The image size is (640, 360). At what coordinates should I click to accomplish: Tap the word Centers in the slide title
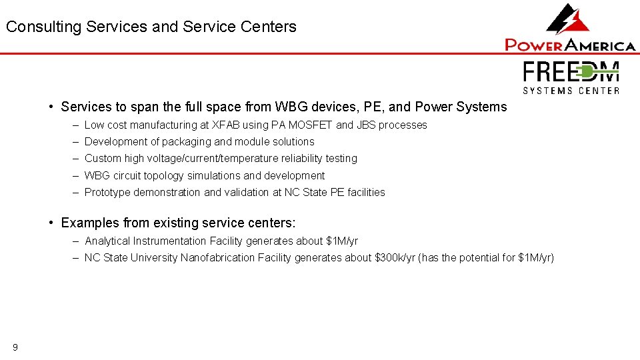coord(269,27)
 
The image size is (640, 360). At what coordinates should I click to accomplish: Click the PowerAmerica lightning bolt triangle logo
coord(568,19)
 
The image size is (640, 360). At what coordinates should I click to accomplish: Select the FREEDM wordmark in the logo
coord(571,72)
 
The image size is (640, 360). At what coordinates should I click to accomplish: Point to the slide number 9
coord(15,347)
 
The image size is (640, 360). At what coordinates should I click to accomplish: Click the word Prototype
coord(107,192)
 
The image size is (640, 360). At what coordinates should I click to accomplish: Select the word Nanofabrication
coord(217,257)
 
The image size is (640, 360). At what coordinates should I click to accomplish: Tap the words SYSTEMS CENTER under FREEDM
coord(571,90)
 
